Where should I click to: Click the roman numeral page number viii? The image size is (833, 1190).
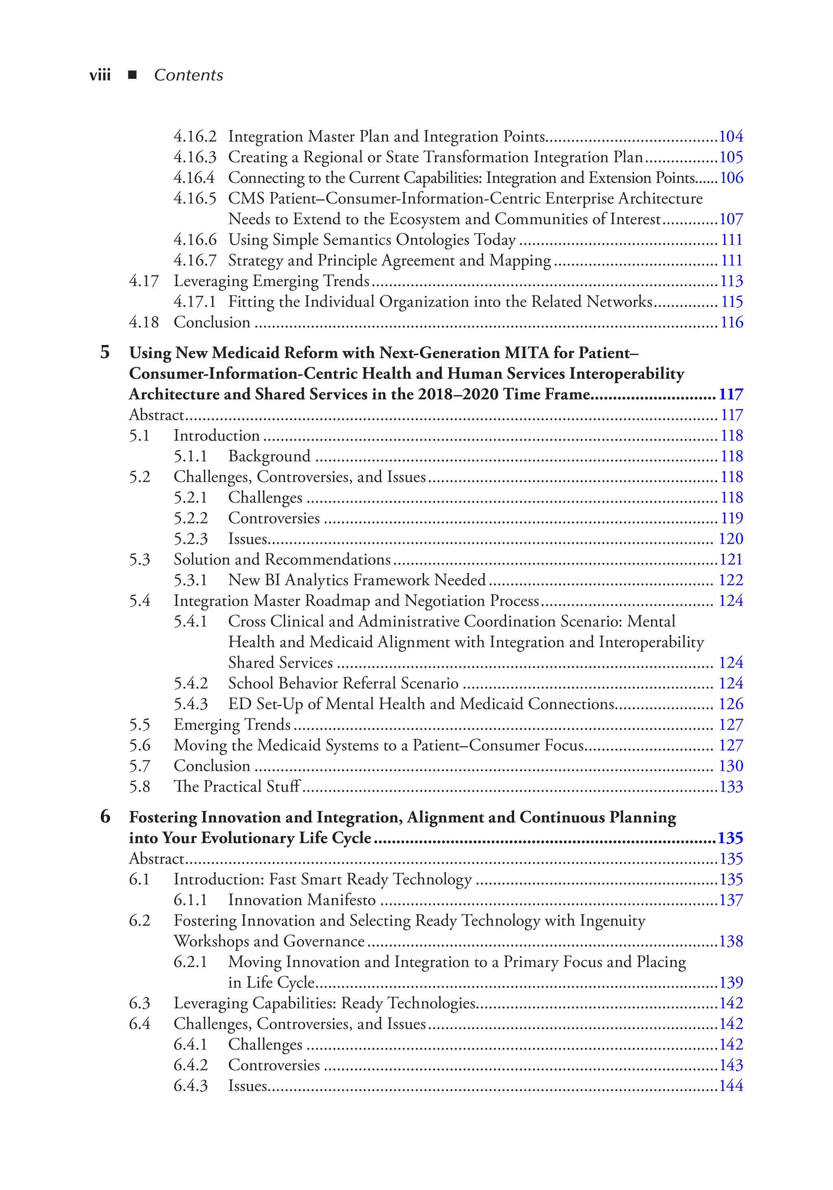tap(100, 76)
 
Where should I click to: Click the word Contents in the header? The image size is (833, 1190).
tap(188, 76)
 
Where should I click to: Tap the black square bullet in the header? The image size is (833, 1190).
tap(133, 75)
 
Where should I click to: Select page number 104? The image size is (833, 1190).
tap(731, 136)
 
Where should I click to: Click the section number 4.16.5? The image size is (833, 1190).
tap(195, 198)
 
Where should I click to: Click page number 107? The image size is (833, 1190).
tap(731, 219)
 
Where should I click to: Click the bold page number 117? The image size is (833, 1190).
tap(731, 394)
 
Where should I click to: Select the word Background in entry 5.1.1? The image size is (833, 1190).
tap(269, 456)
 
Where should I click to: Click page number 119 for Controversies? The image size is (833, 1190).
tap(731, 518)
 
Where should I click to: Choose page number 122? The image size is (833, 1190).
tap(731, 580)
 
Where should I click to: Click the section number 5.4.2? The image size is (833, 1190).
tap(191, 684)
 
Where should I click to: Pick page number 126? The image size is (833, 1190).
tap(731, 704)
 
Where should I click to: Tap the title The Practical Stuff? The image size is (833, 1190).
tap(237, 787)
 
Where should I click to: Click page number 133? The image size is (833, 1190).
tap(731, 787)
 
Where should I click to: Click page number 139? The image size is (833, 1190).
tap(731, 983)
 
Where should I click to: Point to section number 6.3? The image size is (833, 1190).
tap(140, 1003)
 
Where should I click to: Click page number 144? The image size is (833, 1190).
tap(731, 1086)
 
